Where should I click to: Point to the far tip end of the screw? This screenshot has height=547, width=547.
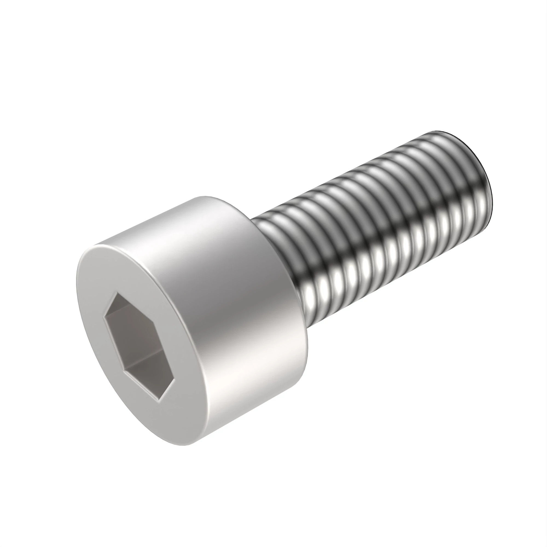(x=481, y=181)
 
